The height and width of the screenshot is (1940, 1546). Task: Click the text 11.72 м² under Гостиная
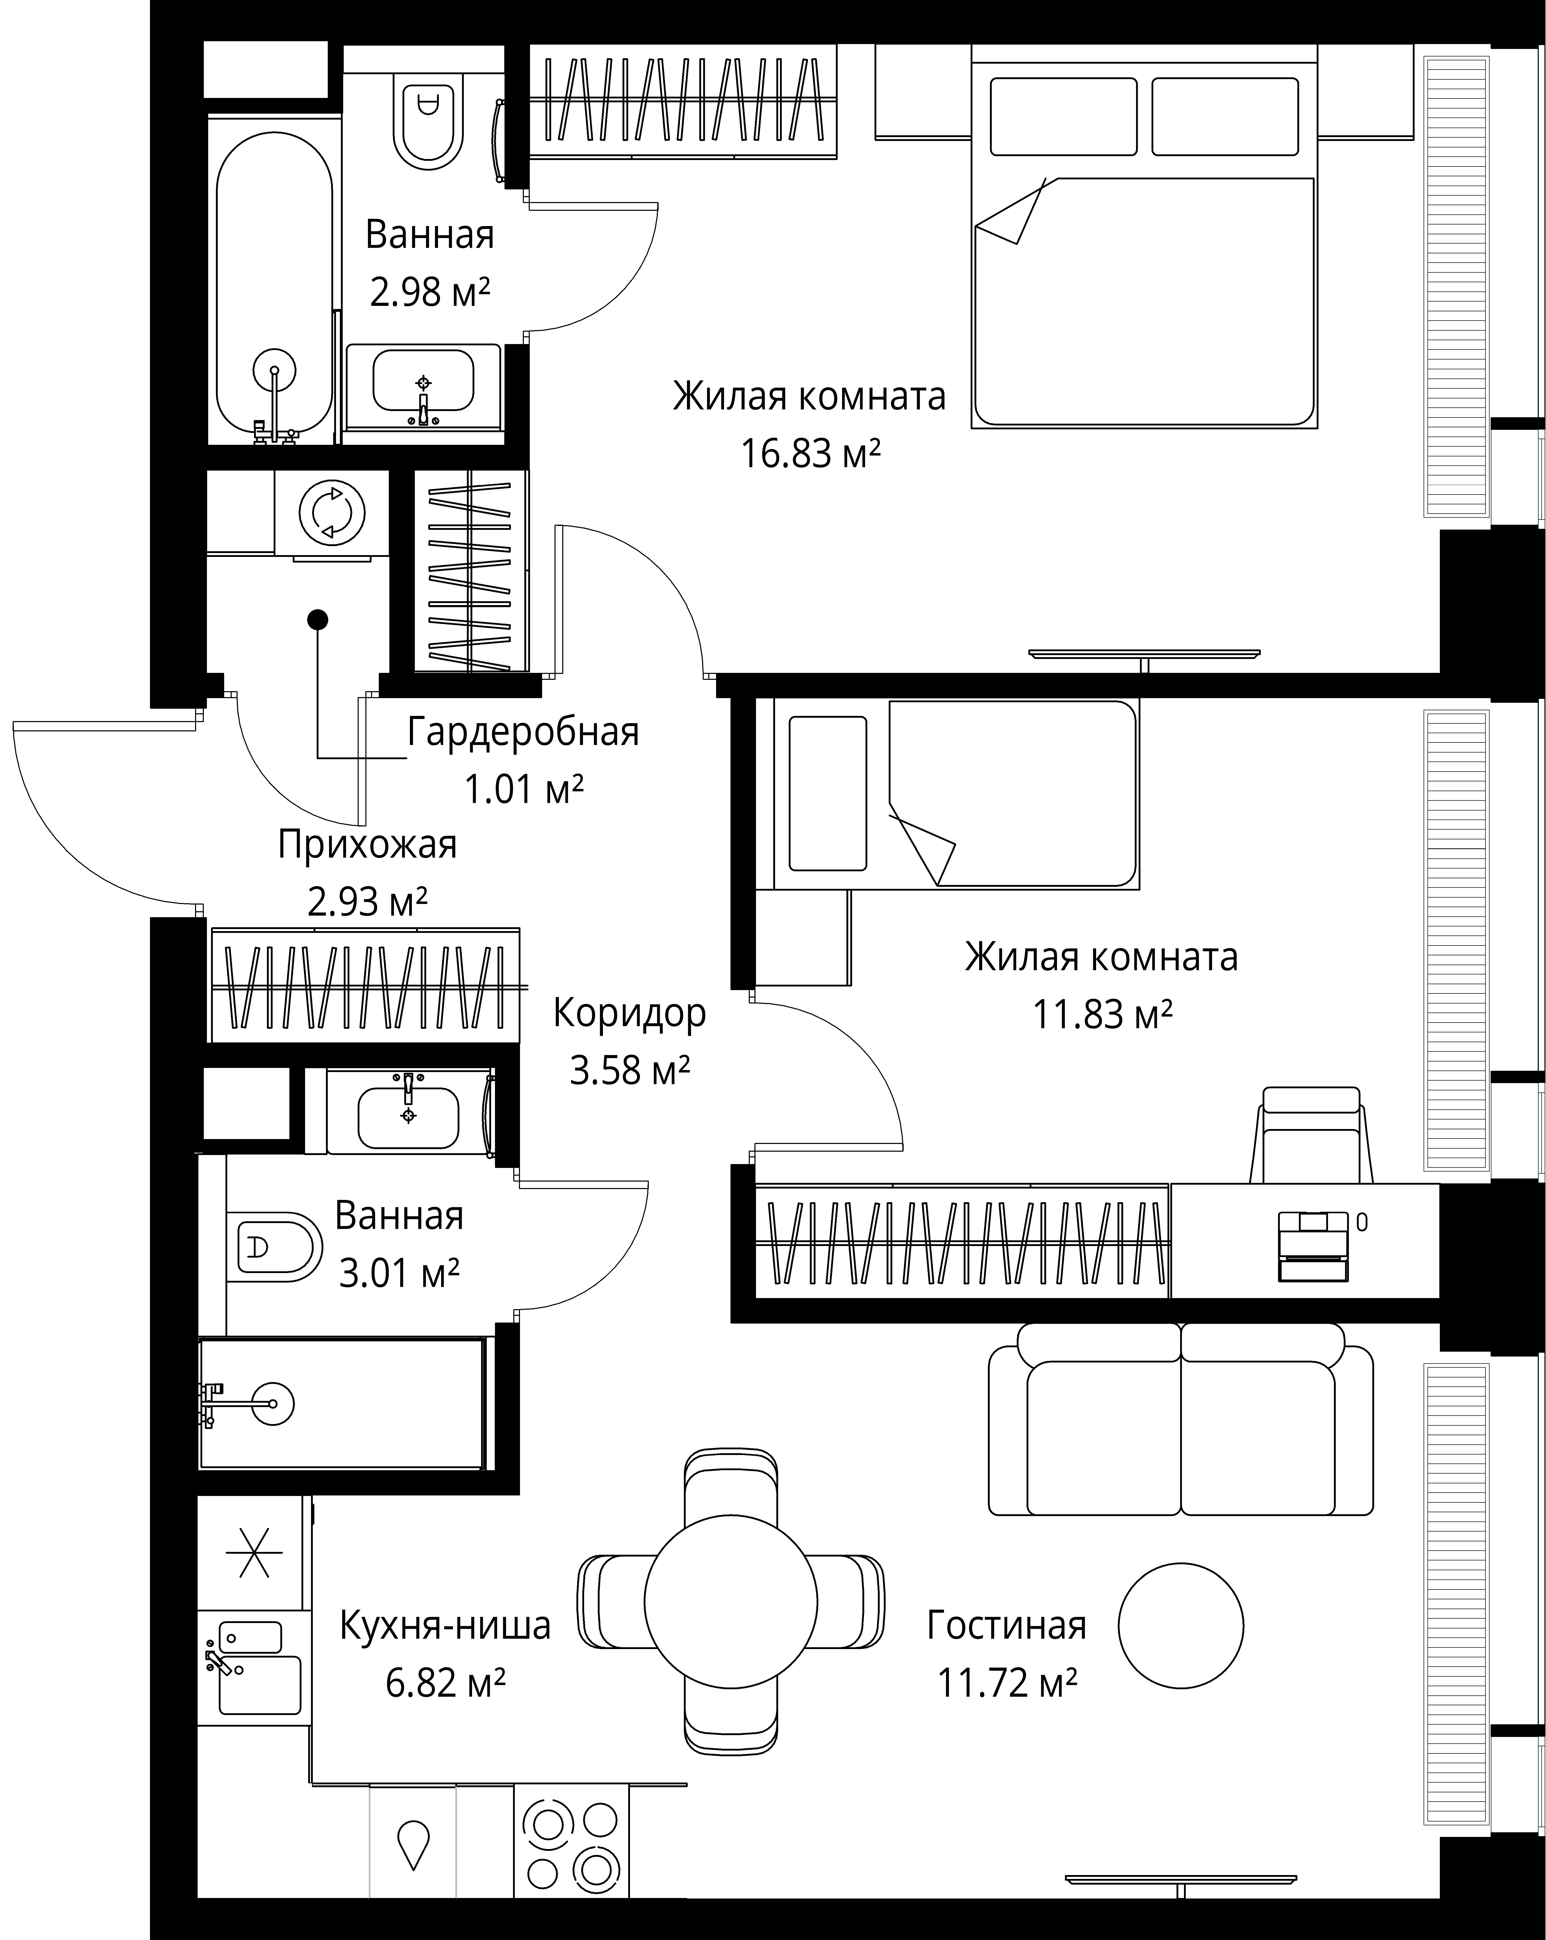[x=1007, y=1681]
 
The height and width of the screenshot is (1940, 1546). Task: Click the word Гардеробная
[x=523, y=732]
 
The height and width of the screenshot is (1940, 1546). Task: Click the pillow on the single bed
[x=827, y=793]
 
